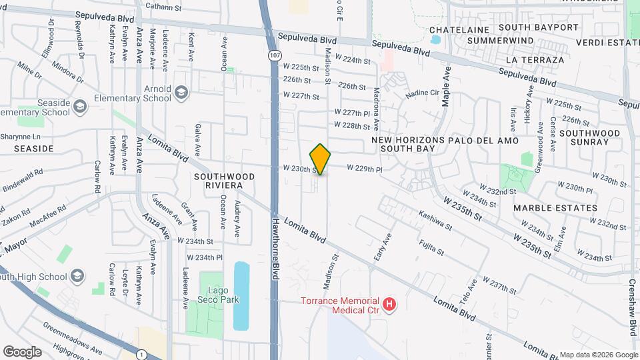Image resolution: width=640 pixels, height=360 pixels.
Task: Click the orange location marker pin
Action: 320,159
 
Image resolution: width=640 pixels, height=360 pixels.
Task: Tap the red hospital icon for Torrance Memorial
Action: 390,305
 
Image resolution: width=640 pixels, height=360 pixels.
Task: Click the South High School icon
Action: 77,276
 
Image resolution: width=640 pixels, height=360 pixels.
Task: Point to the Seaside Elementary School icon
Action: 79,107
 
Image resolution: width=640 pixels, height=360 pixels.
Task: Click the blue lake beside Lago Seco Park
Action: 241,295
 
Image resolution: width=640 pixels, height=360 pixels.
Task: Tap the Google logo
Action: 22,351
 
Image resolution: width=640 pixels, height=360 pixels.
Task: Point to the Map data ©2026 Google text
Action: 598,355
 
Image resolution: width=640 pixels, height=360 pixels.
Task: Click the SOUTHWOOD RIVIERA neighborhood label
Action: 223,182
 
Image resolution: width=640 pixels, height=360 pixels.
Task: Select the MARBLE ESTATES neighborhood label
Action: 555,208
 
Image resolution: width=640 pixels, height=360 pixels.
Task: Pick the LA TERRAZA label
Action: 535,59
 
